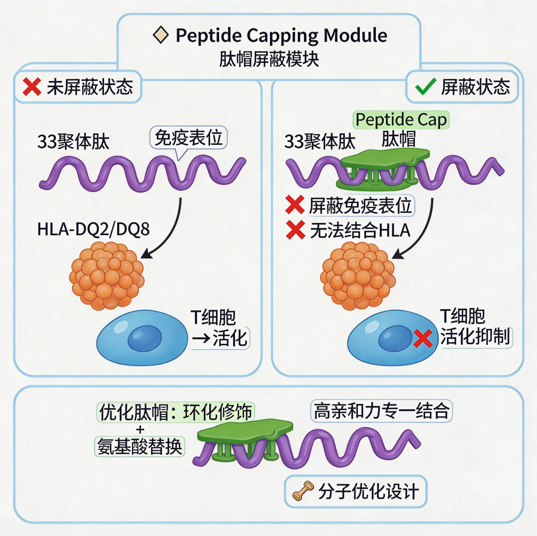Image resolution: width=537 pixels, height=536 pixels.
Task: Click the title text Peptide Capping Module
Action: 281,35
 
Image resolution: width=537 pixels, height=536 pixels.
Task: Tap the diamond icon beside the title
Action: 159,35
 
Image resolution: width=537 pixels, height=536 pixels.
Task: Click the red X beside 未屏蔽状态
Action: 32,87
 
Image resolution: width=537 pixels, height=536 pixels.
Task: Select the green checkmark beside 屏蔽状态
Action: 426,87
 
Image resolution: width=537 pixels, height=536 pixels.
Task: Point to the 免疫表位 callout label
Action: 189,138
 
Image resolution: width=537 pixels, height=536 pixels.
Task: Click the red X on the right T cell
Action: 423,338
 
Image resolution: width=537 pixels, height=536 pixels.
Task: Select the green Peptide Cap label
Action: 401,119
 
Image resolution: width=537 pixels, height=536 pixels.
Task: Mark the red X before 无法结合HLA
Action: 295,230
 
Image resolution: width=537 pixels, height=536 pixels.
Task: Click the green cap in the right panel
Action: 384,165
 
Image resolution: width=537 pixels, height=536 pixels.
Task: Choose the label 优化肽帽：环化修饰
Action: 175,412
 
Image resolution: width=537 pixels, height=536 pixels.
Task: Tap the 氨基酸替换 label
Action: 139,447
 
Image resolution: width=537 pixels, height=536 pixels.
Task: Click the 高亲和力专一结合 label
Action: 381,411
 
